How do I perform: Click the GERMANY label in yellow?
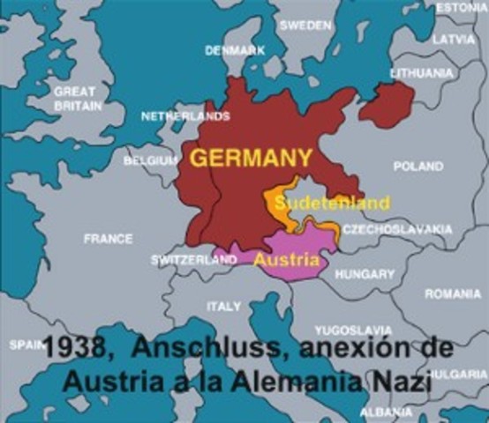251,159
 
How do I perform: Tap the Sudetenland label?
331,204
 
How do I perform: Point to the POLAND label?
418,166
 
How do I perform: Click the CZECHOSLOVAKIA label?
397,229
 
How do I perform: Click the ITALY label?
223,306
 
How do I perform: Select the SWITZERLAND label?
193,261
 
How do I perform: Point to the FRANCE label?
108,238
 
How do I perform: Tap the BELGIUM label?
151,161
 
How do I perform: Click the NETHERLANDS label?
184,115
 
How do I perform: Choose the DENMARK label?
235,50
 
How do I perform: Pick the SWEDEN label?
305,26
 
